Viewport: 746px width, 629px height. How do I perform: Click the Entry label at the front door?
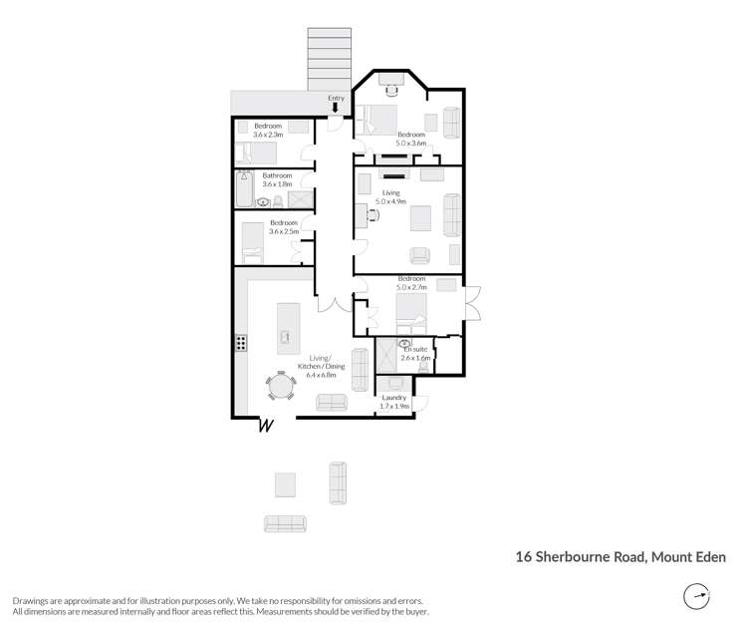click(x=336, y=97)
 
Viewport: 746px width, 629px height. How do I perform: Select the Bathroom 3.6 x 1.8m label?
click(x=277, y=179)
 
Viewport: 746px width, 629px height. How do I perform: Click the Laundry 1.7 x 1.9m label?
click(x=394, y=402)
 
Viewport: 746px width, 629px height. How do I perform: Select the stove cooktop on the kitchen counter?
click(x=240, y=343)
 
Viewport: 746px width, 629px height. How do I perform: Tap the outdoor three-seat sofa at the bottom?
click(x=285, y=523)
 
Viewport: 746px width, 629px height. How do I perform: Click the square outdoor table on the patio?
click(x=285, y=485)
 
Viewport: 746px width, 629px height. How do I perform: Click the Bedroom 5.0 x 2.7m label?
click(x=411, y=283)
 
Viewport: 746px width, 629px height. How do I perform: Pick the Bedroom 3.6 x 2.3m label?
click(x=268, y=131)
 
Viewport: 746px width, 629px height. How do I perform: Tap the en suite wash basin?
click(x=406, y=346)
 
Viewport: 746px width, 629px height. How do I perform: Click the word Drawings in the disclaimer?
click(x=31, y=601)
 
